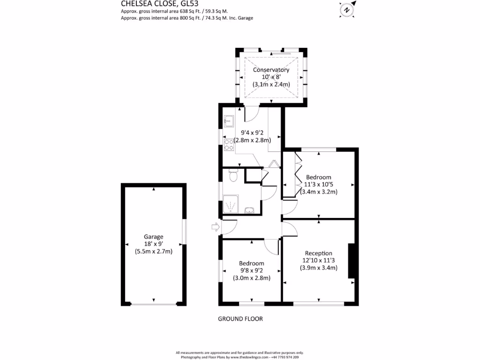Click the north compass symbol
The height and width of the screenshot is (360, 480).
pos(346,8)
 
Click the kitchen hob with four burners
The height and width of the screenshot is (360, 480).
pos(229,145)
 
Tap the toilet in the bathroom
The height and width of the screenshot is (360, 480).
pos(233,176)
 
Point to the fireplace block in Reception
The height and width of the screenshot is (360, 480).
pos(351,261)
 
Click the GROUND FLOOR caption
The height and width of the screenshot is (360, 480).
pos(240,319)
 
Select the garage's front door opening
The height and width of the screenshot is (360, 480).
pos(153,305)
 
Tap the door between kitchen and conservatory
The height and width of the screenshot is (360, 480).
pos(252,112)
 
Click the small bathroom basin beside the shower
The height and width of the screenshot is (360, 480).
pos(249,210)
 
